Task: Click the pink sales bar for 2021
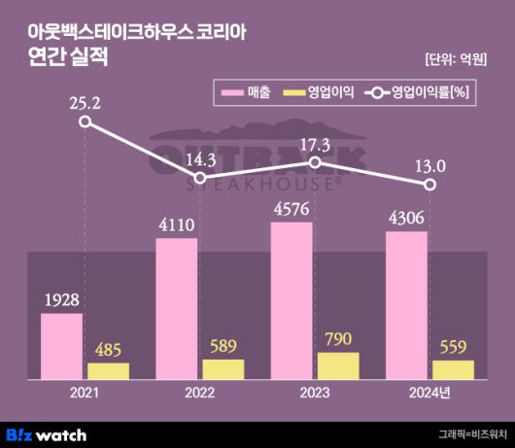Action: [x=61, y=346]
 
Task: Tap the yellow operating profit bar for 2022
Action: [x=223, y=369]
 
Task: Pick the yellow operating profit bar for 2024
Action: [x=453, y=369]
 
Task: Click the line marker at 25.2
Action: [x=86, y=122]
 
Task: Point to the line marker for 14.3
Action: [x=200, y=178]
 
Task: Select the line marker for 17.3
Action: [x=315, y=162]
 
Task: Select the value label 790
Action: [x=338, y=339]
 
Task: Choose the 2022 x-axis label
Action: [x=200, y=395]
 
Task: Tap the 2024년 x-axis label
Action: [x=430, y=395]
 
